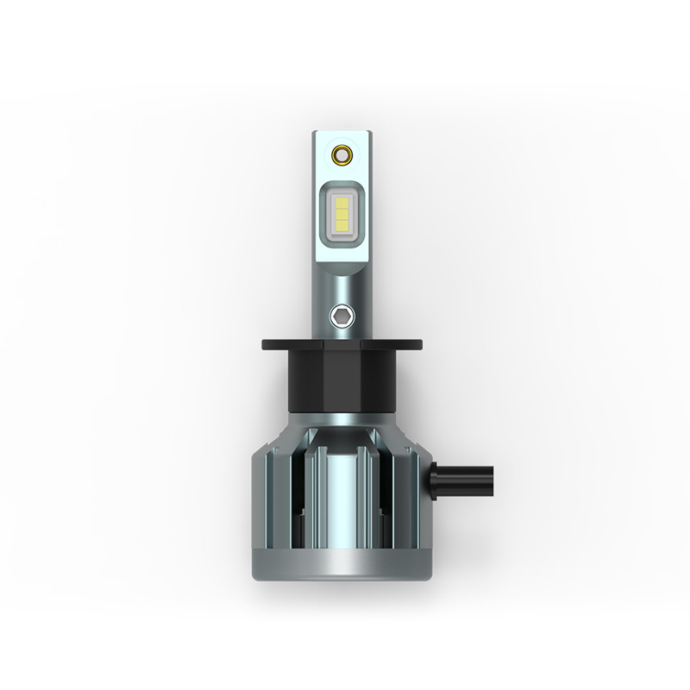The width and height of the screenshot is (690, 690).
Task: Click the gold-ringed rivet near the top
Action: [x=339, y=155]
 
